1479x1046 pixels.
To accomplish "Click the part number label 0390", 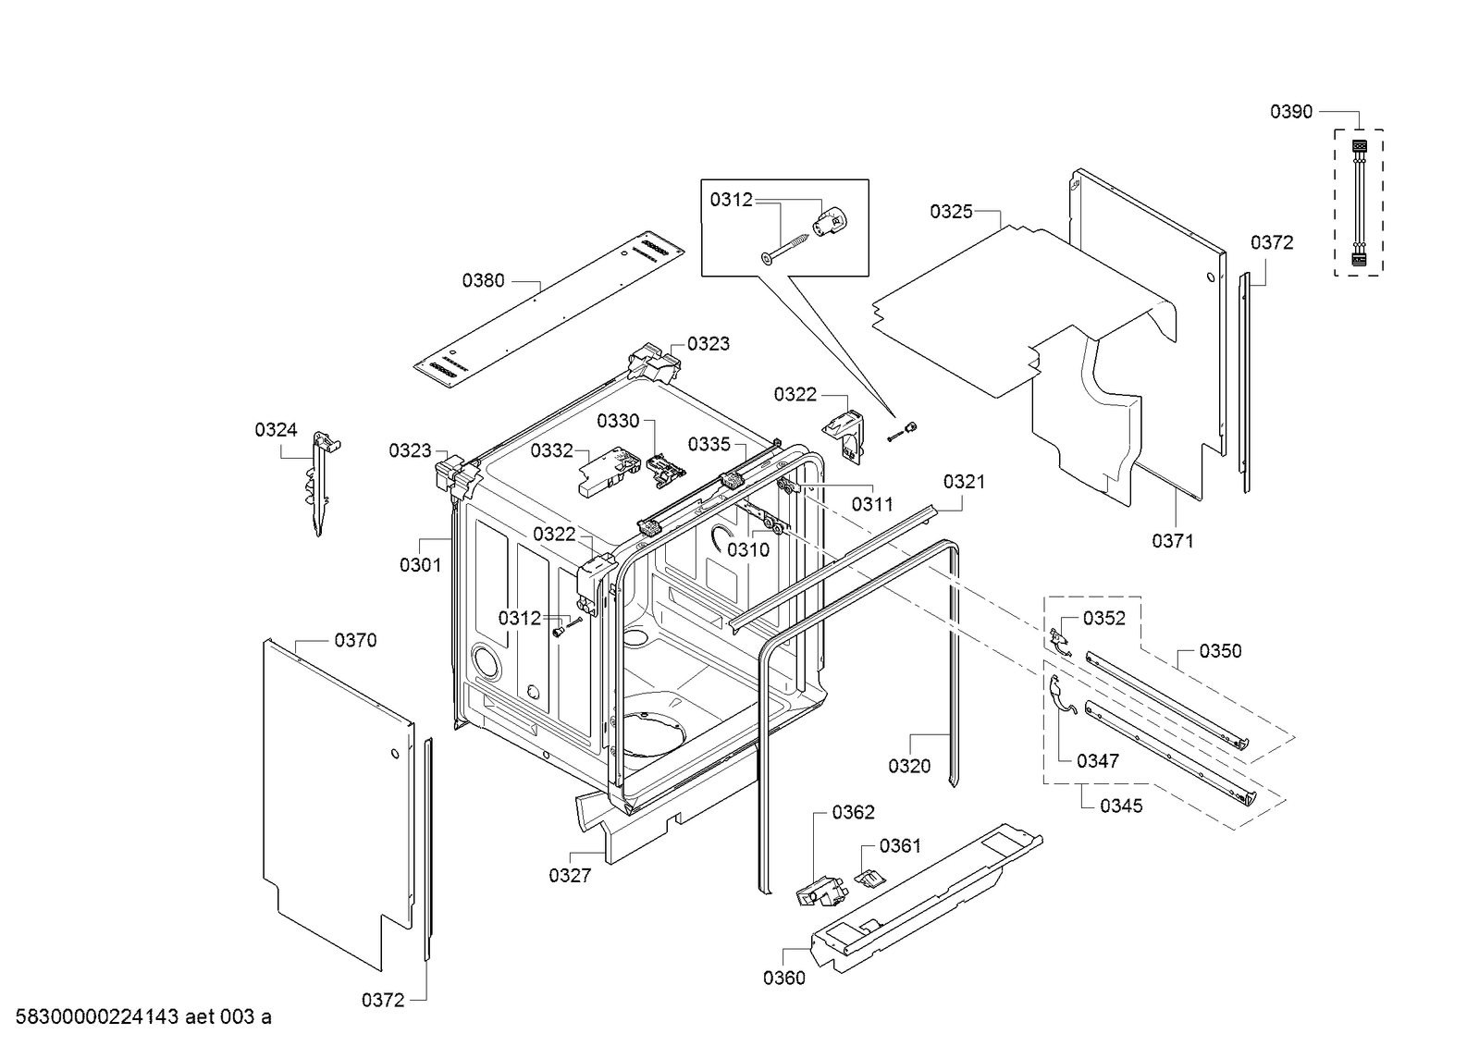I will pos(1290,112).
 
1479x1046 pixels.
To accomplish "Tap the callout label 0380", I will pos(484,280).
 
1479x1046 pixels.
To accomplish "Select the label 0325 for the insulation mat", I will pos(951,212).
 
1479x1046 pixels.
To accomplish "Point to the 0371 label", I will pos(1172,541).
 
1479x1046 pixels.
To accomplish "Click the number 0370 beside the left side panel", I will pos(355,640).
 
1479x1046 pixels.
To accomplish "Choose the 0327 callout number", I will pos(569,875).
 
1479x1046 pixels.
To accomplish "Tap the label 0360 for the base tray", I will pos(783,978).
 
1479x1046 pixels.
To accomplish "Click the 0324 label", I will pos(276,429).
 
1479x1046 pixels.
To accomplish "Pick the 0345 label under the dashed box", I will pos(1121,806).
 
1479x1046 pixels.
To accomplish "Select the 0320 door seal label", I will pos(909,766).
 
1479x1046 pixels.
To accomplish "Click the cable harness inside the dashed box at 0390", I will pos(1359,203).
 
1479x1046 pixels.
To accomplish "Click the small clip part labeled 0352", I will pos(1058,638).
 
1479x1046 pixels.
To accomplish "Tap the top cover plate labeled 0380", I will pos(550,311).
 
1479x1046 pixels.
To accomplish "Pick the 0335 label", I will pos(709,444).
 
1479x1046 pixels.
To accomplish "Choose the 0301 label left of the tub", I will pos(420,564).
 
